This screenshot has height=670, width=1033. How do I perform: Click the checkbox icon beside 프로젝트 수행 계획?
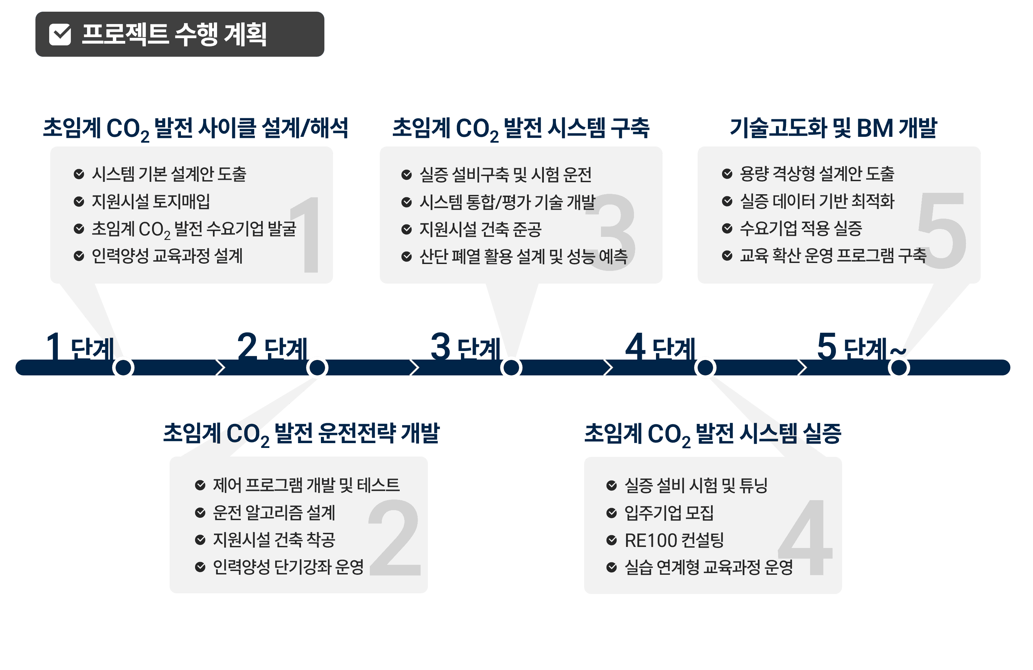[x=60, y=35]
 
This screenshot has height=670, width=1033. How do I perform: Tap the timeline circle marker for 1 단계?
[x=123, y=368]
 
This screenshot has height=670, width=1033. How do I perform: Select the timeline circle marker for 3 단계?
[x=511, y=368]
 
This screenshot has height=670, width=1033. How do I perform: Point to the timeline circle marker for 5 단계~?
[x=899, y=368]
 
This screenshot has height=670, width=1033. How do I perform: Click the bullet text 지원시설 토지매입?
[x=151, y=201]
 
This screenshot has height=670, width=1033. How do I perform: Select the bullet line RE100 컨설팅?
[x=674, y=540]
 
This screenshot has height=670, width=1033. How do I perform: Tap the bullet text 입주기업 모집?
[x=669, y=513]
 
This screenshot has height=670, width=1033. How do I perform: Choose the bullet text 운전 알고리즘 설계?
[x=274, y=513]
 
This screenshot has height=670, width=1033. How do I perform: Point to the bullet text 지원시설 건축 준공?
[x=480, y=229]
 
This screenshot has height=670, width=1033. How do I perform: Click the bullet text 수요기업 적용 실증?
[x=800, y=228]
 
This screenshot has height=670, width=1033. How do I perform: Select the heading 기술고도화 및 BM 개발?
[x=833, y=128]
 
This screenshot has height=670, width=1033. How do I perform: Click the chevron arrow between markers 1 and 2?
[x=220, y=368]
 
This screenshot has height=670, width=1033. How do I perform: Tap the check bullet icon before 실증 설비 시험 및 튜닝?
[x=612, y=485]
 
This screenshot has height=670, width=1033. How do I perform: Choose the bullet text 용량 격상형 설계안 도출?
[x=817, y=174]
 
